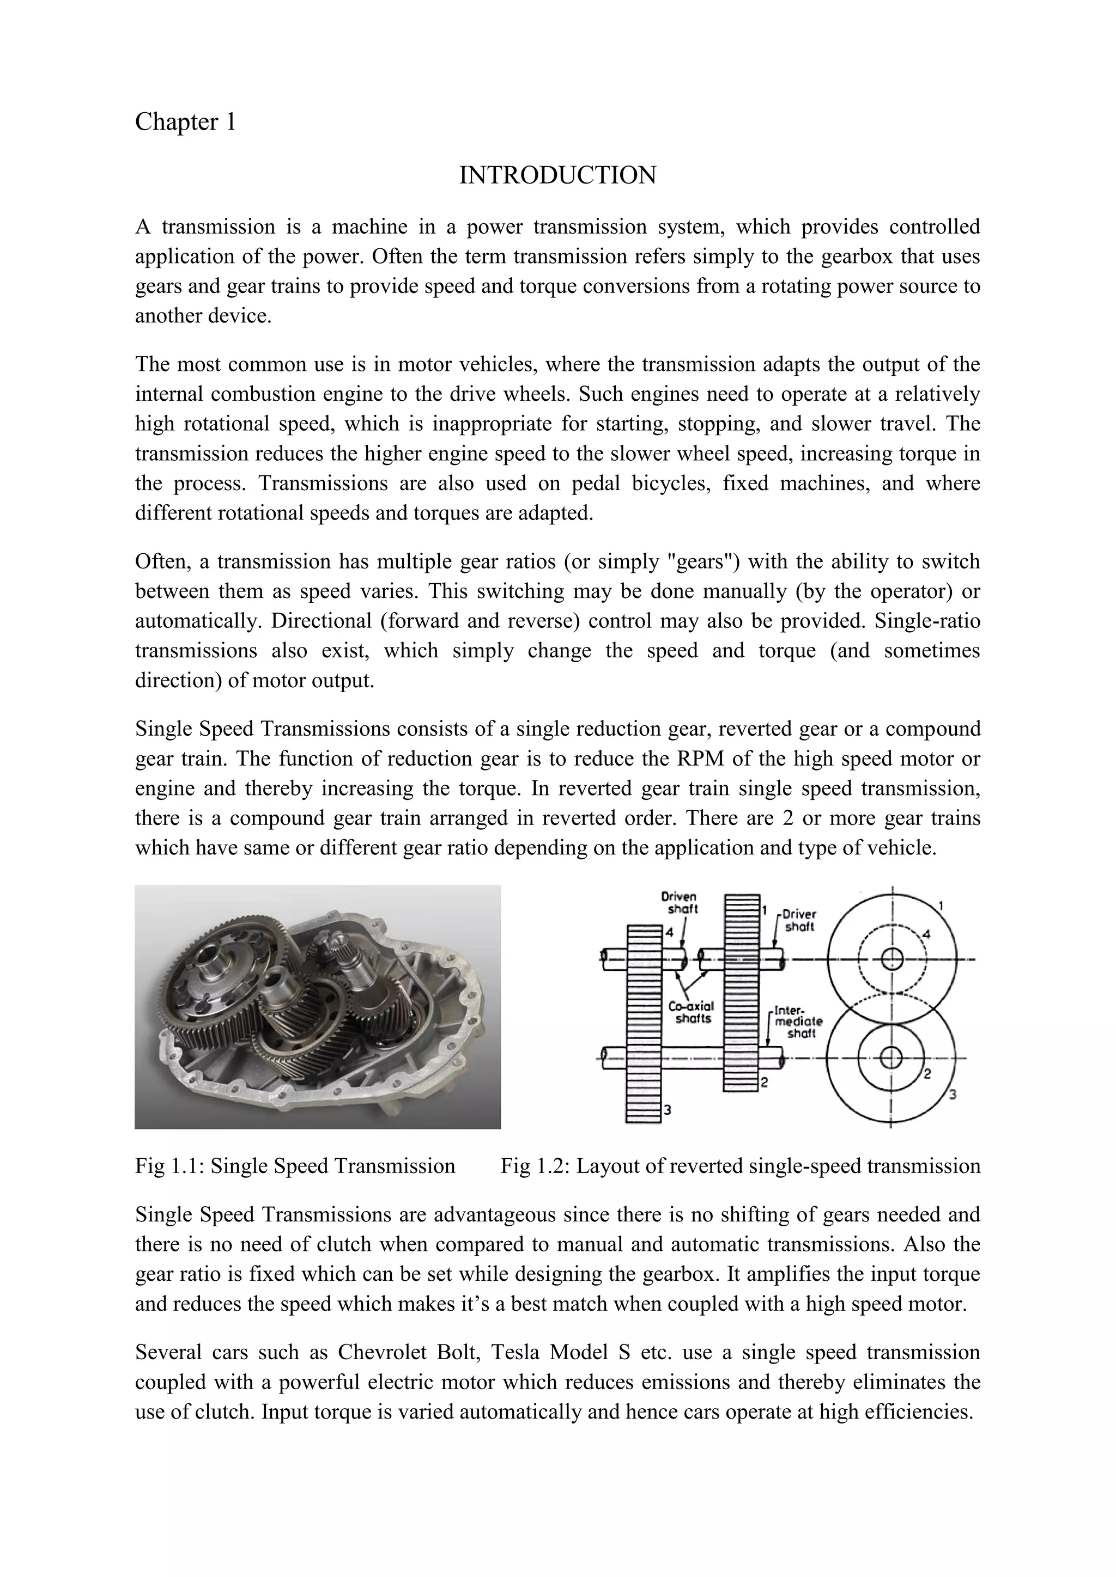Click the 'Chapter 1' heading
(185, 123)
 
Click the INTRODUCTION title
(557, 175)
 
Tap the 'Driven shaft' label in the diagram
(679, 902)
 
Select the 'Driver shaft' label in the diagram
(799, 920)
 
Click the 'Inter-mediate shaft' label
(797, 1022)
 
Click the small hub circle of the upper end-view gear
(891, 959)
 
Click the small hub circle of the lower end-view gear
(891, 1058)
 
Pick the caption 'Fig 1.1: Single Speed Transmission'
(295, 1166)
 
